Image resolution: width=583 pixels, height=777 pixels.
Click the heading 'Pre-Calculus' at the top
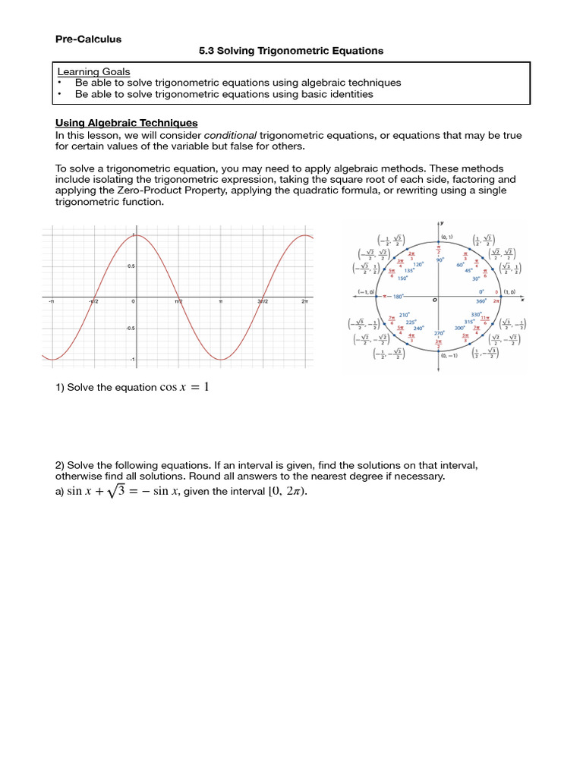[x=88, y=39]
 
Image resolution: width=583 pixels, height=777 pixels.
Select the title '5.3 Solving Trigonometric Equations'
[x=291, y=51]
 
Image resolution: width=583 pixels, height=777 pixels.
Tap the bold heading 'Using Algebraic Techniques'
[x=127, y=122]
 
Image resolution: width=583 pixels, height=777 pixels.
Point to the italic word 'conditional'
[x=231, y=134]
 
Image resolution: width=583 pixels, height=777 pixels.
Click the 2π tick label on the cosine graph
[x=304, y=301]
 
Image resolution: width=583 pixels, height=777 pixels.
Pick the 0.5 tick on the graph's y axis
[x=131, y=266]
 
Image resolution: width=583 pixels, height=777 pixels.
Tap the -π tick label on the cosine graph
[x=50, y=301]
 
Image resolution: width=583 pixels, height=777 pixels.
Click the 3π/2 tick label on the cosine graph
[x=263, y=301]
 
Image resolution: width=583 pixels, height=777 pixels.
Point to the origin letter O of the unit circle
[x=435, y=299]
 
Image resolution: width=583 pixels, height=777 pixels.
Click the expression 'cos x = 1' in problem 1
[x=184, y=388]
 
